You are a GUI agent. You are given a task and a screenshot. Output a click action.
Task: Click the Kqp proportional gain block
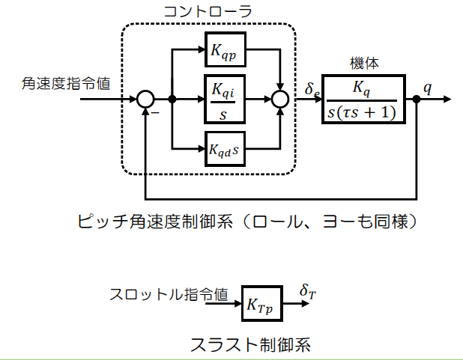tap(226, 51)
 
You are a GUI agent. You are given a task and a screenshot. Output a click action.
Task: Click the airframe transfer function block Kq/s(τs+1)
tap(363, 99)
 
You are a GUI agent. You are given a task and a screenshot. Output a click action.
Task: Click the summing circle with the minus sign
tap(145, 99)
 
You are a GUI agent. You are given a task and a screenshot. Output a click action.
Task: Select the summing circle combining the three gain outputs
tap(281, 99)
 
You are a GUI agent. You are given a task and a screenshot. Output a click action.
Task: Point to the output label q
tap(427, 86)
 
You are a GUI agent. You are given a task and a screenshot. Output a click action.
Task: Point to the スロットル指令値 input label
tap(169, 293)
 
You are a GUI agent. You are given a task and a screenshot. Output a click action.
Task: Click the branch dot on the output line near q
tap(417, 99)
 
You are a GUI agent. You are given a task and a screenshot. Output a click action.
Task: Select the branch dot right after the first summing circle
tap(172, 99)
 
